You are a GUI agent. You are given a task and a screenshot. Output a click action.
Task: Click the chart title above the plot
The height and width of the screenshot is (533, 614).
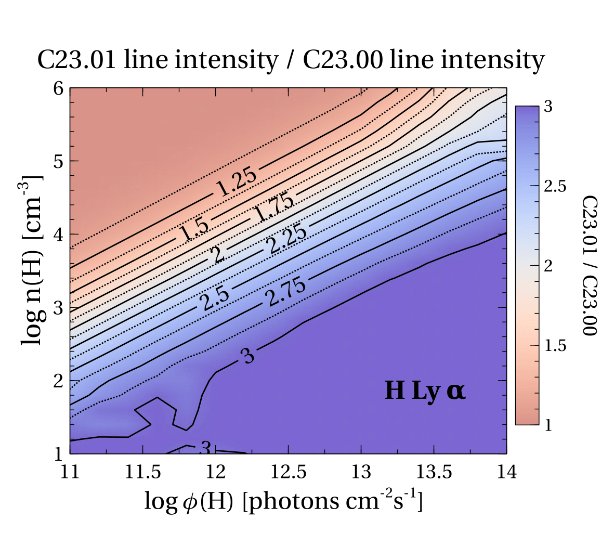[x=291, y=60]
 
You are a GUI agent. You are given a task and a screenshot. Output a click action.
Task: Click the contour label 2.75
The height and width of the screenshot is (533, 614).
[x=286, y=291]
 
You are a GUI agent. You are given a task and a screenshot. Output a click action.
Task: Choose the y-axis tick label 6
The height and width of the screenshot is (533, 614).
[x=59, y=88]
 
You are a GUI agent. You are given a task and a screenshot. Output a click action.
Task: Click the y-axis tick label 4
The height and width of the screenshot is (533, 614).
[x=59, y=235]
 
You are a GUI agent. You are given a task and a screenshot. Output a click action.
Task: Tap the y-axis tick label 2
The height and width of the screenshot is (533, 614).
[x=59, y=381]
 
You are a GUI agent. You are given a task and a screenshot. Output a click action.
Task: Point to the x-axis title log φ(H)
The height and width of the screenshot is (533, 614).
[x=282, y=502]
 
